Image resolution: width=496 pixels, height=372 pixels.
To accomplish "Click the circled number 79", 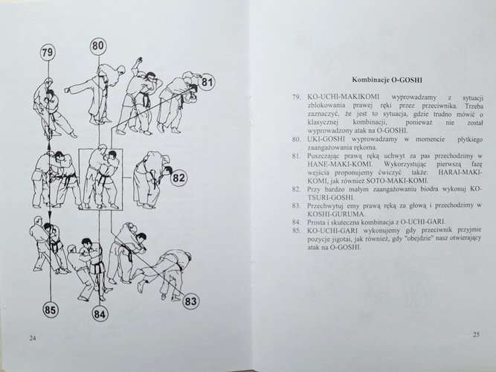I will (x=48, y=53).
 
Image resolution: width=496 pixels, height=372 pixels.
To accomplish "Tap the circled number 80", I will (x=99, y=45).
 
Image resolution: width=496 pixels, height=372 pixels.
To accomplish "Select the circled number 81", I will (x=207, y=83).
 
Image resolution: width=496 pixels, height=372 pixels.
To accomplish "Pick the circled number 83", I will (x=190, y=301).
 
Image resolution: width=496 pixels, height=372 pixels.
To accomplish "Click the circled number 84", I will (x=100, y=313).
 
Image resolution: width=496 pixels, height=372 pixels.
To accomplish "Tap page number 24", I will (x=33, y=338).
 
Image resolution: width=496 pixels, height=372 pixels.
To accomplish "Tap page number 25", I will (x=477, y=335).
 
